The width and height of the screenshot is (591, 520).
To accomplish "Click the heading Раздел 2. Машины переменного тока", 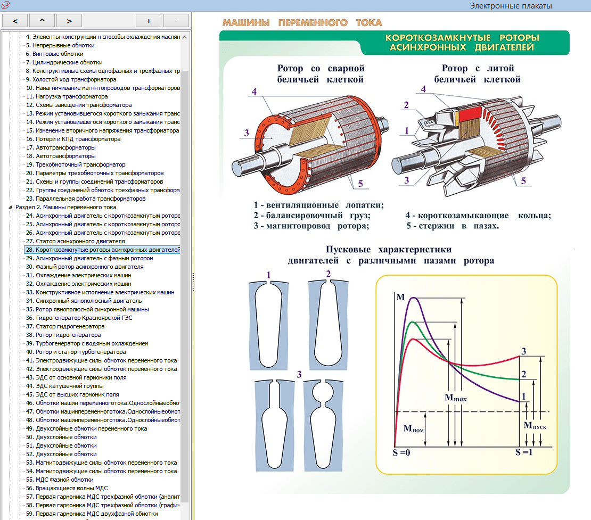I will click(x=65, y=207).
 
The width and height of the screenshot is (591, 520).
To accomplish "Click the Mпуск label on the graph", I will click(x=535, y=425).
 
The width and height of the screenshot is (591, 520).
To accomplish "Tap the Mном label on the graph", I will click(x=414, y=428).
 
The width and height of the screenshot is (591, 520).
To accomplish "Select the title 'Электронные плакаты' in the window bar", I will click(x=511, y=6).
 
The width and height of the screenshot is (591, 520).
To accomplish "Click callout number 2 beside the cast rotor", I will click(x=405, y=105).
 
